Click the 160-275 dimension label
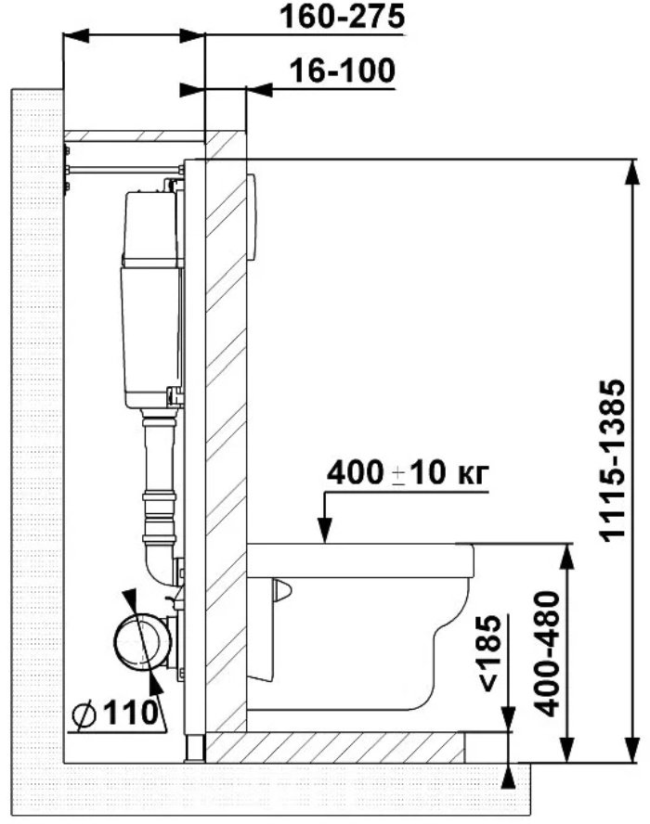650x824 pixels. click(343, 17)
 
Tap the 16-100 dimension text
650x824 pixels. click(343, 71)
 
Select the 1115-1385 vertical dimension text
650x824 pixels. click(613, 460)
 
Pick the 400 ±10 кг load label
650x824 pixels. click(408, 473)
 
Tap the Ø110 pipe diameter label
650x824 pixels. click(115, 714)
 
